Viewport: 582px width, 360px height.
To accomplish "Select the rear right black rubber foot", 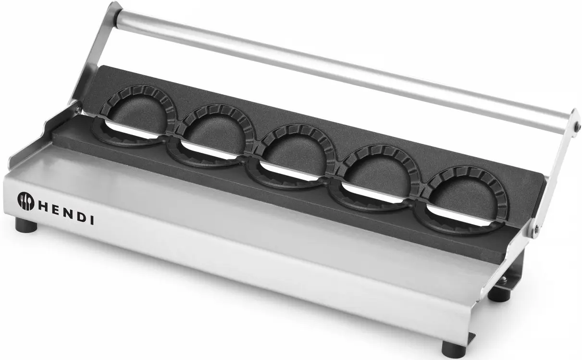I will [x=497, y=293].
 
